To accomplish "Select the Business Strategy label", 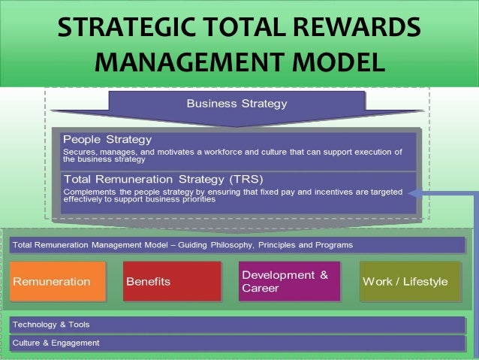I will [236, 102].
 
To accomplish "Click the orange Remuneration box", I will [56, 282].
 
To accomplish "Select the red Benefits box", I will [172, 282].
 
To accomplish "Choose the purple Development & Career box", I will [289, 281].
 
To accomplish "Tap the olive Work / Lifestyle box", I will [410, 282].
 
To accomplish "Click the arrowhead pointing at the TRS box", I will [414, 192].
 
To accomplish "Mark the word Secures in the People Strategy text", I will [78, 152].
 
